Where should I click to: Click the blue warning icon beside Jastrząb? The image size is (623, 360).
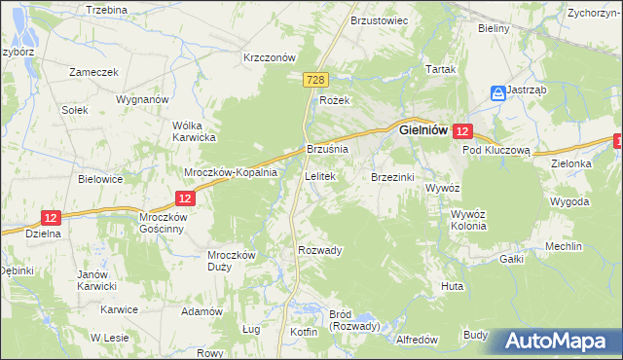point(497,92)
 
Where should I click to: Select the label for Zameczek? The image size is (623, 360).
point(93,72)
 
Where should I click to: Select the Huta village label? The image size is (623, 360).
point(452,286)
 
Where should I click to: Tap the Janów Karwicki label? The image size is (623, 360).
point(97,280)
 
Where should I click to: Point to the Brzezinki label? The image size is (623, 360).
point(393,177)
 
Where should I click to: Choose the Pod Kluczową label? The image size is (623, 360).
point(495,151)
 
